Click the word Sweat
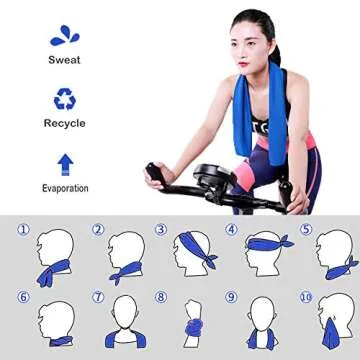(64, 59)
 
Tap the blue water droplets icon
(64, 34)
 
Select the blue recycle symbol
(64, 99)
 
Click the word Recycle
(64, 123)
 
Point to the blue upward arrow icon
(64, 163)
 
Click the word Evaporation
(64, 188)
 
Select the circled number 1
(24, 229)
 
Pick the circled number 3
(160, 229)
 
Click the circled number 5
(306, 229)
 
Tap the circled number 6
(24, 297)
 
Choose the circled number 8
(160, 297)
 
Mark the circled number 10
(306, 297)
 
